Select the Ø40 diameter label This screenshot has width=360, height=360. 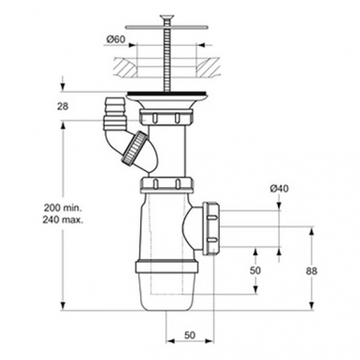tap(278, 190)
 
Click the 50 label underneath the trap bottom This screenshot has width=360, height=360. tap(189, 334)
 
